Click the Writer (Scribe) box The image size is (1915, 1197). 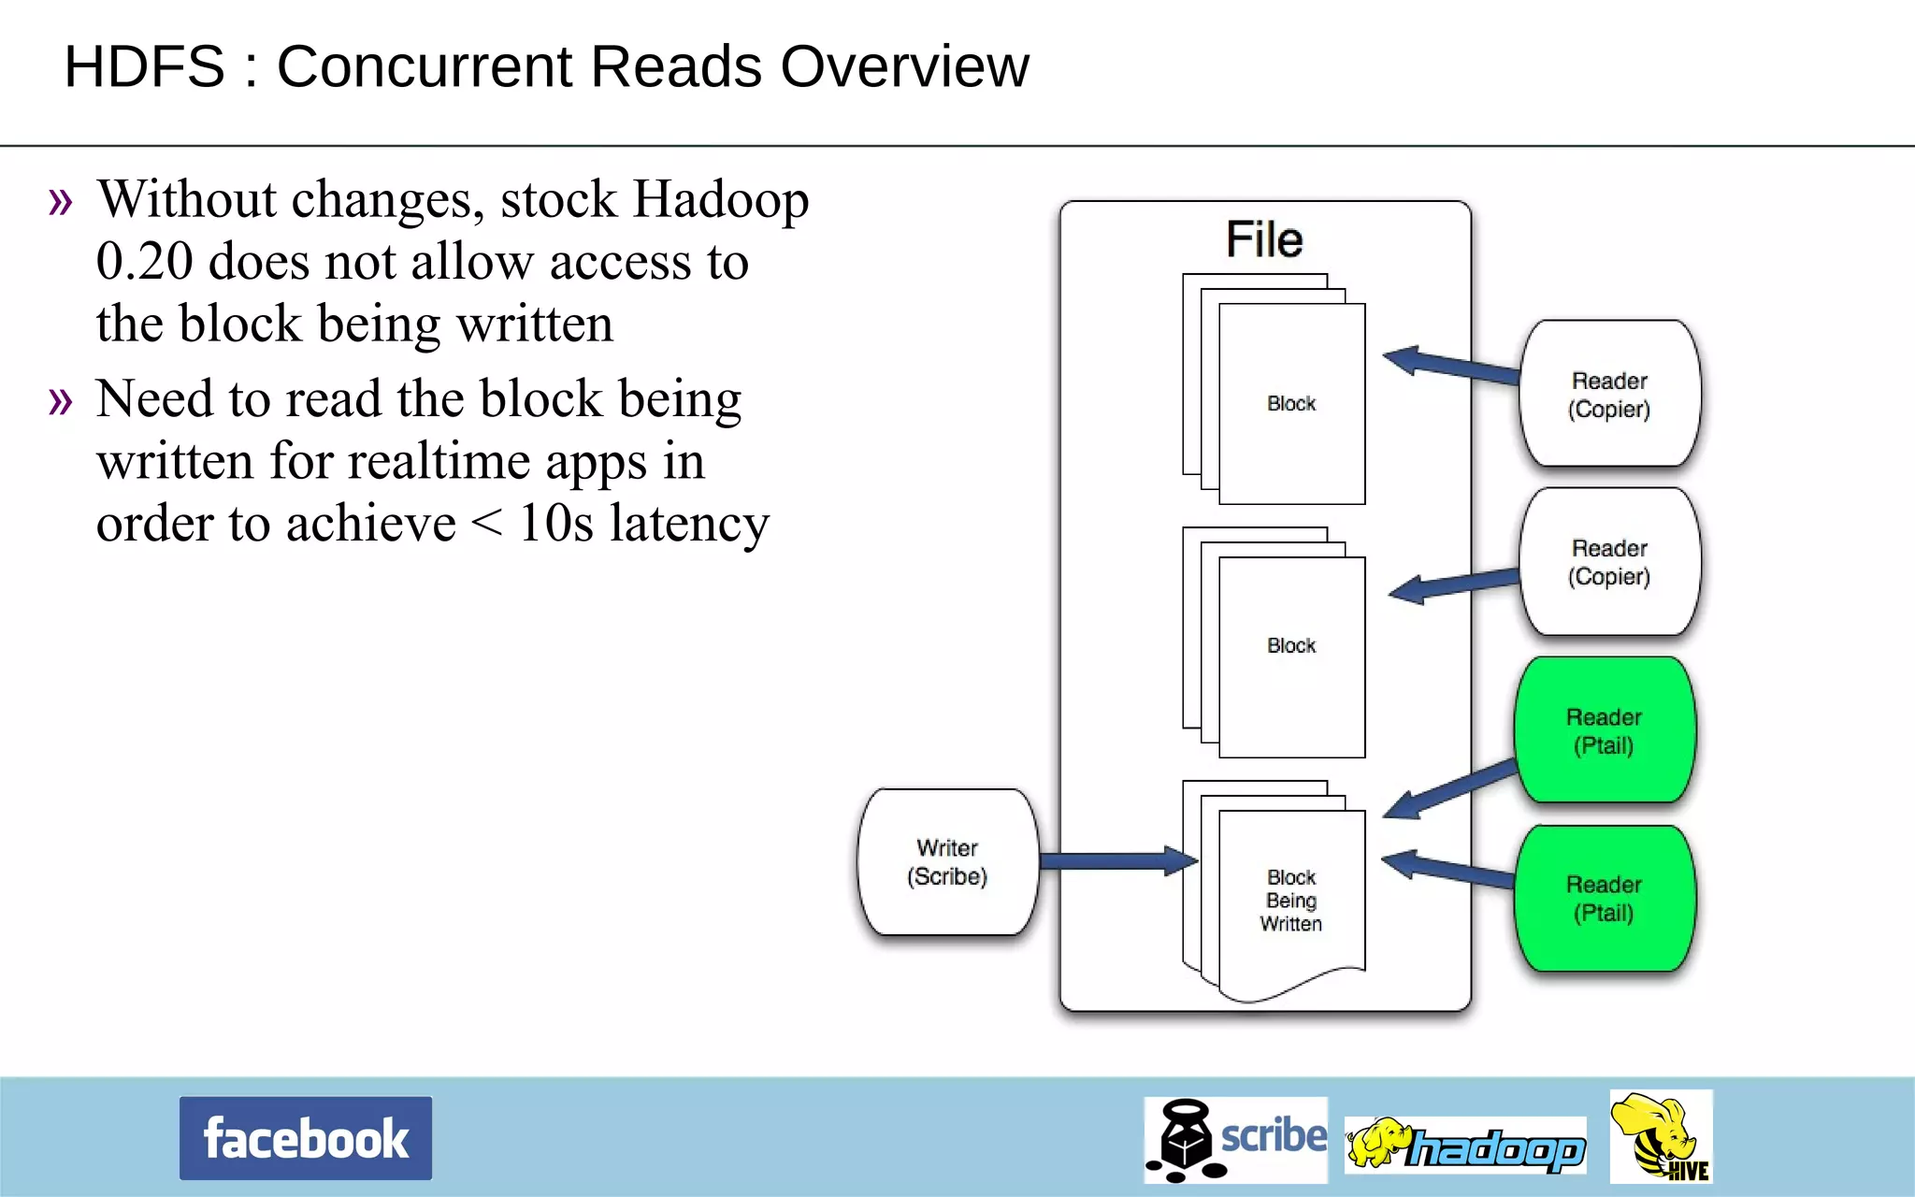[x=947, y=861]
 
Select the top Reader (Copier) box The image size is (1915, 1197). [x=1609, y=394]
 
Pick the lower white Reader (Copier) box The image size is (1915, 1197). [x=1609, y=561]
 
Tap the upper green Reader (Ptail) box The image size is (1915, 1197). [x=1604, y=730]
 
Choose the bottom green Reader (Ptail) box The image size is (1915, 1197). [x=1604, y=898]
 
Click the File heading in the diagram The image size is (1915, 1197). [x=1264, y=239]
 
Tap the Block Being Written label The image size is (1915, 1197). [x=1291, y=900]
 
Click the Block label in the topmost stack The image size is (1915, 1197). [x=1291, y=403]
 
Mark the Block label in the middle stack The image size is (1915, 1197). [x=1291, y=645]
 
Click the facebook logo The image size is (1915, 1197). [x=306, y=1138]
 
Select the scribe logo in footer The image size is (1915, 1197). [x=1235, y=1139]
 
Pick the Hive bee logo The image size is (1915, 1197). [x=1661, y=1136]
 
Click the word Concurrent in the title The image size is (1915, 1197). [x=519, y=67]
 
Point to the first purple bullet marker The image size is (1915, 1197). [x=61, y=201]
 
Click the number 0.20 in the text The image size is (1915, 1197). [x=144, y=261]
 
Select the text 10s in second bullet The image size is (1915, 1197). [x=555, y=523]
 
